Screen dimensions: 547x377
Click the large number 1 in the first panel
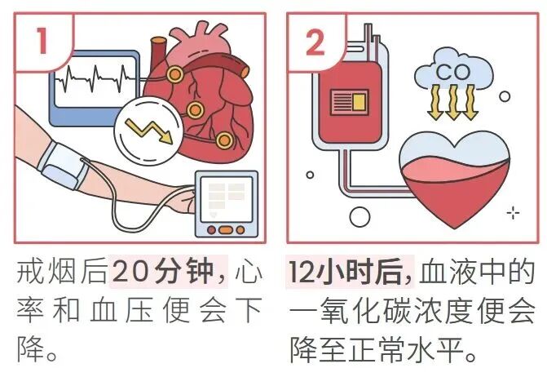pyautogui.click(x=42, y=41)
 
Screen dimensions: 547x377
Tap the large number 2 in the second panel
pyautogui.click(x=315, y=42)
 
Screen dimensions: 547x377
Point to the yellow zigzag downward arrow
pyautogui.click(x=149, y=131)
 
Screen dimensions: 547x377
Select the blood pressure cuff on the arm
pyautogui.click(x=63, y=165)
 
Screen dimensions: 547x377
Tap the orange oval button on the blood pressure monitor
pyautogui.click(x=225, y=230)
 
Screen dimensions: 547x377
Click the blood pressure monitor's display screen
pyautogui.click(x=227, y=199)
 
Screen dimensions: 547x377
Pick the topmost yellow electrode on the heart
pyautogui.click(x=174, y=74)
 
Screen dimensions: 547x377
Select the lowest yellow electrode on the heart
pyautogui.click(x=224, y=140)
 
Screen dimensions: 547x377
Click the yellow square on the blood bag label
pyautogui.click(x=359, y=101)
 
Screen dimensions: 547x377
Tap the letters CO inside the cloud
pyautogui.click(x=452, y=73)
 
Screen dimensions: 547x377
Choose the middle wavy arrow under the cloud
pyautogui.click(x=452, y=102)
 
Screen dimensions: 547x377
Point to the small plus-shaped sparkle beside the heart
pyautogui.click(x=513, y=213)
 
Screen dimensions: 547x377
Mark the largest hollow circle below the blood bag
pyautogui.click(x=360, y=216)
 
